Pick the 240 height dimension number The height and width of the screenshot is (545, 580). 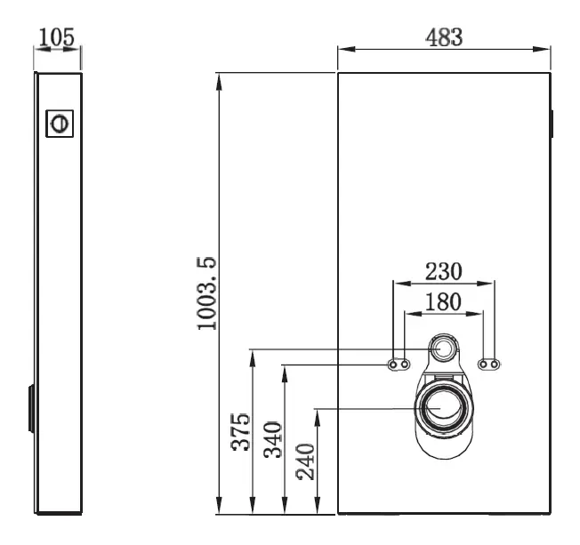coord(305,461)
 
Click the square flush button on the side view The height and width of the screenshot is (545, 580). coord(60,123)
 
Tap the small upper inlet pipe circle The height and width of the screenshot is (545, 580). coord(443,349)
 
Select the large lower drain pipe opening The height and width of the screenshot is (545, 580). coord(442,407)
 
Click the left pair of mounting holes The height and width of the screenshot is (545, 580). coord(398,365)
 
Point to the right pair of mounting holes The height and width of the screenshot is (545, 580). coord(488,365)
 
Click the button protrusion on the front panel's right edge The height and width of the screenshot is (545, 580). coord(552,124)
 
